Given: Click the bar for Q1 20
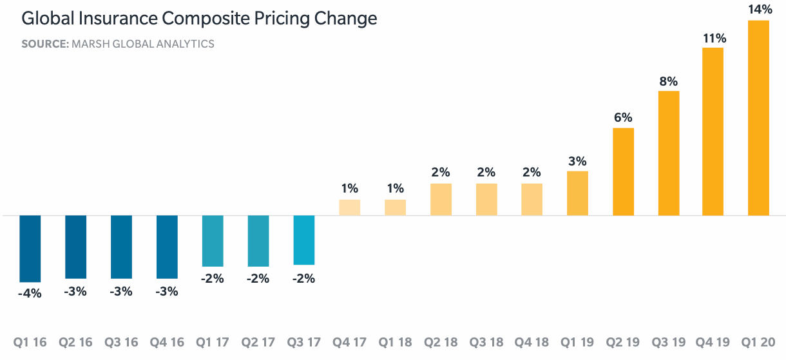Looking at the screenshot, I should pos(758,118).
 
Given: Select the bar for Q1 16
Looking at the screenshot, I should pos(30,249).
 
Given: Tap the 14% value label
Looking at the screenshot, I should pos(760,9).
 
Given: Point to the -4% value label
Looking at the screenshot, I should pos(30,293).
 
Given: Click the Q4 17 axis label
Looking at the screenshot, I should pos(349,341).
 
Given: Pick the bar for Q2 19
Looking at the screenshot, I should pos(623,172).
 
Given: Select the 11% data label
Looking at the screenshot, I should pos(714,38).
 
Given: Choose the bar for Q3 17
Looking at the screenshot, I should pos(304,240).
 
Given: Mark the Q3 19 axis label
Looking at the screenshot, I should pos(668,341).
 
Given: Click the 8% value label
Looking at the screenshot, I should pos(668,81).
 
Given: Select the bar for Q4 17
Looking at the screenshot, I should pos(349,207).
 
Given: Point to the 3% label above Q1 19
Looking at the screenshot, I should pos(577,161).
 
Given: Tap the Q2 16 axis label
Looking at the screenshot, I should pos(76,341).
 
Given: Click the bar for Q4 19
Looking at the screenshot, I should pos(713,131).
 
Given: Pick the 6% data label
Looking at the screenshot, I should pos(623,118).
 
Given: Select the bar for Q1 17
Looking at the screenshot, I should pos(213,241).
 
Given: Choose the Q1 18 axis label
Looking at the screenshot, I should pos(395,341).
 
